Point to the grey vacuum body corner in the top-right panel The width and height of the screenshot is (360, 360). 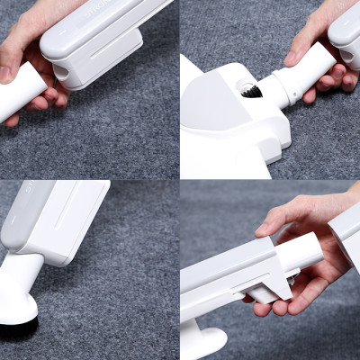coord(347,36)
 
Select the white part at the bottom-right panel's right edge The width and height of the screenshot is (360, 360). coord(346,234)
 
